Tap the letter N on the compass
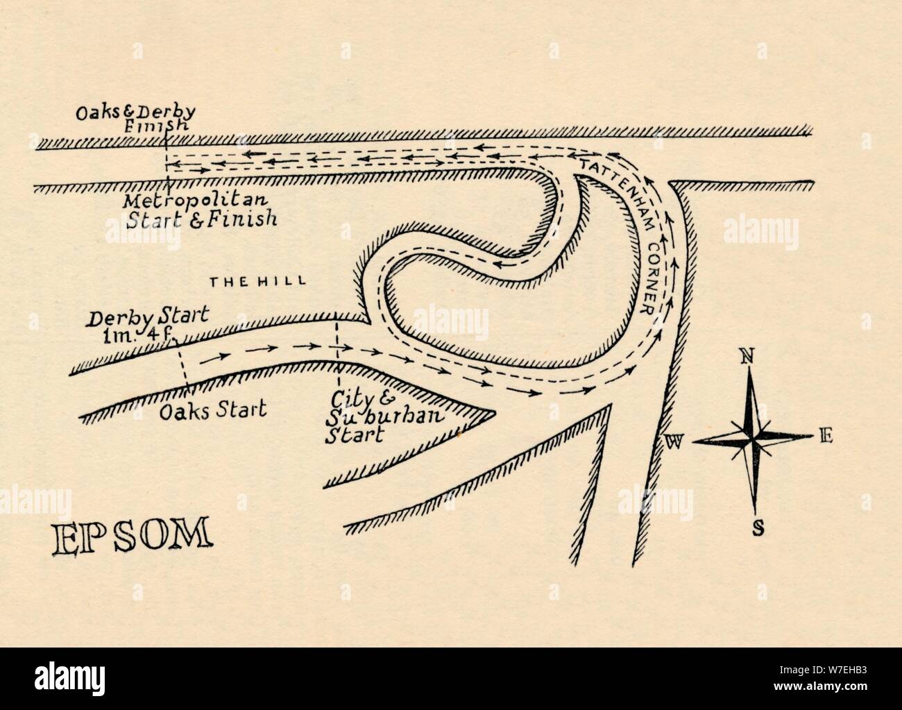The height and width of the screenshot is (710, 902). pos(747,357)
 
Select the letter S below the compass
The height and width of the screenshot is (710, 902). pos(758,530)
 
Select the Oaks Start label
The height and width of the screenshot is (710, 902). pos(212,409)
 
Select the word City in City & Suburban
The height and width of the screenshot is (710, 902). pos(347,401)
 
